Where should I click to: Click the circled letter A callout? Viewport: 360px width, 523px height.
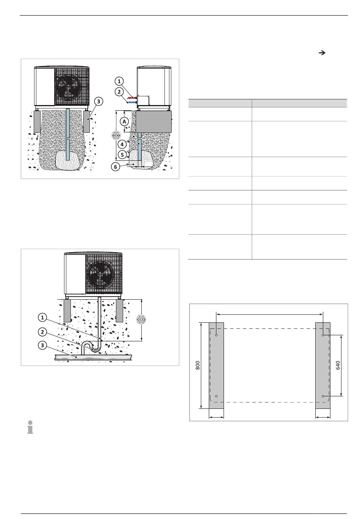coord(124,121)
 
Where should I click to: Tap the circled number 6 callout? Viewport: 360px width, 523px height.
coord(115,167)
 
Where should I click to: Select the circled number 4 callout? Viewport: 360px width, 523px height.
coord(122,144)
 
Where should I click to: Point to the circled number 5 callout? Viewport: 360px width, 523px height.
coord(122,154)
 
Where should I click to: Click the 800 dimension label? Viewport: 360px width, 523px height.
coord(197,365)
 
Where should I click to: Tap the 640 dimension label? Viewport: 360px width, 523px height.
coord(338,365)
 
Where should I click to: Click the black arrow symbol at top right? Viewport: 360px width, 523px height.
coord(322,53)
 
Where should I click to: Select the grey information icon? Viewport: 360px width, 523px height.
coord(30,427)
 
